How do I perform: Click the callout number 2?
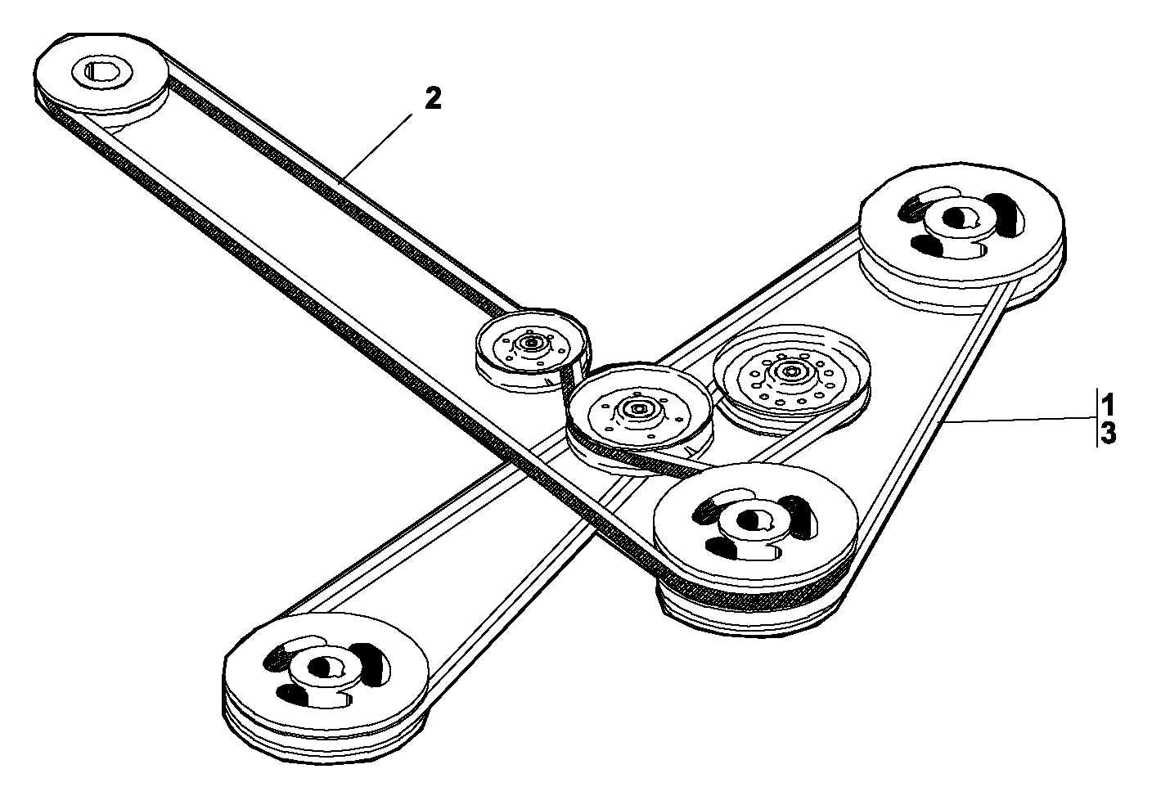point(433,98)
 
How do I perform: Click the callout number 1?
point(1107,404)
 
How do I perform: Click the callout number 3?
point(1108,433)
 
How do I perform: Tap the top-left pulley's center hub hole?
point(102,71)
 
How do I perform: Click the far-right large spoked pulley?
point(961,240)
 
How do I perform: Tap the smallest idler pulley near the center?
point(532,350)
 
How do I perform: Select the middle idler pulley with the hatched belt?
point(639,418)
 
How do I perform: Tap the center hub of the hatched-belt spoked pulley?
point(754,523)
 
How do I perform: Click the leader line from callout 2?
point(376,148)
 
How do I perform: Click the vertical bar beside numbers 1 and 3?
point(1096,417)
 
